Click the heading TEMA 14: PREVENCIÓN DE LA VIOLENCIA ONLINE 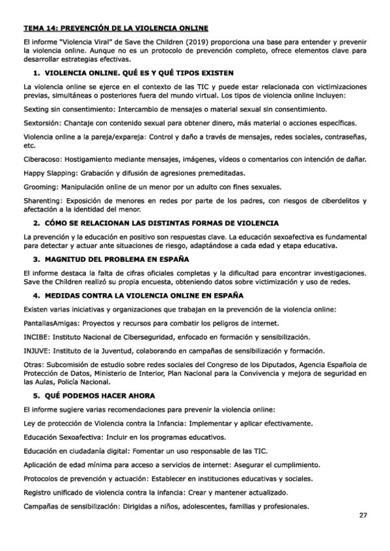point(115,29)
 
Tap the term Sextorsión point(40,123)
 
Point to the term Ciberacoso point(41,160)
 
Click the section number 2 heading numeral point(37,223)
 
